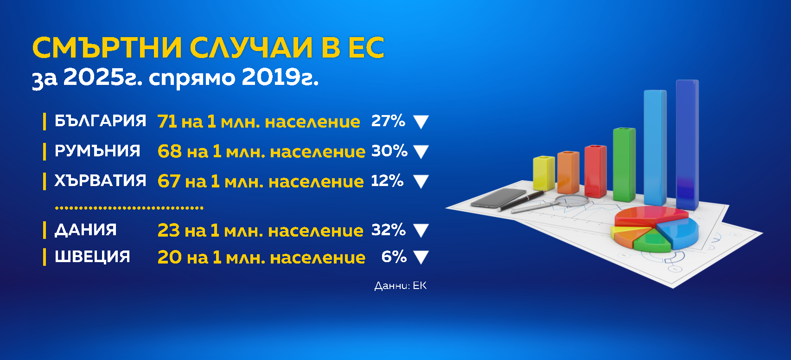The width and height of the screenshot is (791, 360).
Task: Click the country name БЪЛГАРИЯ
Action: coord(100,121)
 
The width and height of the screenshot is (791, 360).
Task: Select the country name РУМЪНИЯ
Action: coord(97,151)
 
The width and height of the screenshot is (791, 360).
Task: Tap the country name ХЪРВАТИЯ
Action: coord(100,180)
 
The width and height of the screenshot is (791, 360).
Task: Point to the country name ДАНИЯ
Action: coord(85,231)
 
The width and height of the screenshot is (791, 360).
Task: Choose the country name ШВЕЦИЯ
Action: coord(92,257)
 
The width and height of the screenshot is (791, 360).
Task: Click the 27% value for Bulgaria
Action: coord(388,121)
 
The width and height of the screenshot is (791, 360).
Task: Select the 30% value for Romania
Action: coord(389,151)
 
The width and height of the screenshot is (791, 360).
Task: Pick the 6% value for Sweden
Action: coord(394,257)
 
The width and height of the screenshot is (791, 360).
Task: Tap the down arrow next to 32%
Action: coord(421,231)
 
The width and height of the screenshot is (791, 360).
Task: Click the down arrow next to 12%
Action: coord(421,182)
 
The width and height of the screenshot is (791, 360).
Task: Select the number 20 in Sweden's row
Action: coord(170,257)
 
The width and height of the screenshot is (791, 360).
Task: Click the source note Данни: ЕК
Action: coord(401,285)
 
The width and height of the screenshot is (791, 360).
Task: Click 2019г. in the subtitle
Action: coord(280,77)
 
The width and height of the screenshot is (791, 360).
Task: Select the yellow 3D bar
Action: coord(543,173)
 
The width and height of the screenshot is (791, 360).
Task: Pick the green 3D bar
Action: coord(625,165)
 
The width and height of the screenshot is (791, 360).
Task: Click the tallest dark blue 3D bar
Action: coord(688,145)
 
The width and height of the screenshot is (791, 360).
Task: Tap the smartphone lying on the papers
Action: coord(498,198)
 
